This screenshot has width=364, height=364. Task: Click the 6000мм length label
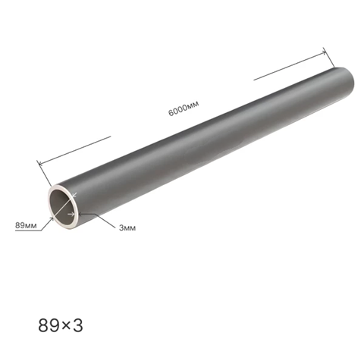coord(184,108)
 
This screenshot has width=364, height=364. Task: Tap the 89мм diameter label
coord(26,225)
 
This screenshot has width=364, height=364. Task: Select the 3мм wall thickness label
coord(127,227)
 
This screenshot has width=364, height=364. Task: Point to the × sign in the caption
coord(66,326)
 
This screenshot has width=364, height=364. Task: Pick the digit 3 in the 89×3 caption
coord(77,325)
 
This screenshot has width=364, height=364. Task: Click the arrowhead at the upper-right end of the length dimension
coord(324,52)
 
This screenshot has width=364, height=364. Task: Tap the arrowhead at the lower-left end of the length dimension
coord(40,163)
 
